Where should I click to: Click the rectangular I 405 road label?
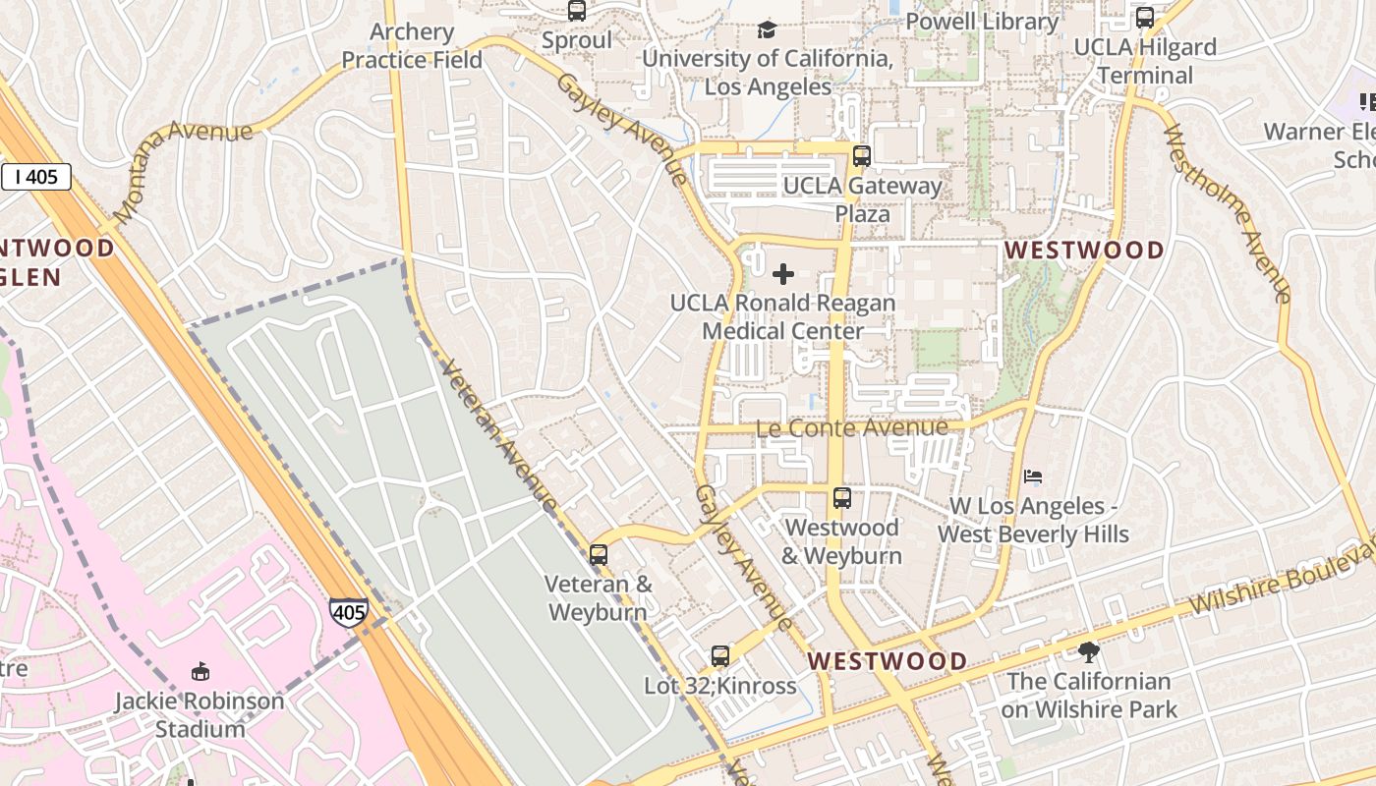[x=36, y=177]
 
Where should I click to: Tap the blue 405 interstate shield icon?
[x=348, y=611]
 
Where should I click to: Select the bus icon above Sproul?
[x=577, y=11]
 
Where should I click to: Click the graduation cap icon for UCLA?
[x=767, y=29]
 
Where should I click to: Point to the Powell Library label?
[x=981, y=22]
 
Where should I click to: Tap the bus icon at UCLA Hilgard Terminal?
[x=1144, y=17]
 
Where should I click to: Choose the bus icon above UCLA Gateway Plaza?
[x=862, y=155]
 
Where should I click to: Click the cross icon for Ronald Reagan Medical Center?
[x=783, y=273]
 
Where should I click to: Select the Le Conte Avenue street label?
[x=851, y=427]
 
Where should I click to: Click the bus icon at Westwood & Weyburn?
[x=841, y=497]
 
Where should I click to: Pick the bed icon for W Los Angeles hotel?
[x=1032, y=477]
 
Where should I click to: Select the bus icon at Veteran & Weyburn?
[x=598, y=554]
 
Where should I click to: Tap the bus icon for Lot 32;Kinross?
[x=720, y=655]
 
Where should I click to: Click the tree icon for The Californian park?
[x=1088, y=651]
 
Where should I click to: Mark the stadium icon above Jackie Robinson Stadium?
[x=200, y=672]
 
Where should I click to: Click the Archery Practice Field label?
[x=412, y=45]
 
